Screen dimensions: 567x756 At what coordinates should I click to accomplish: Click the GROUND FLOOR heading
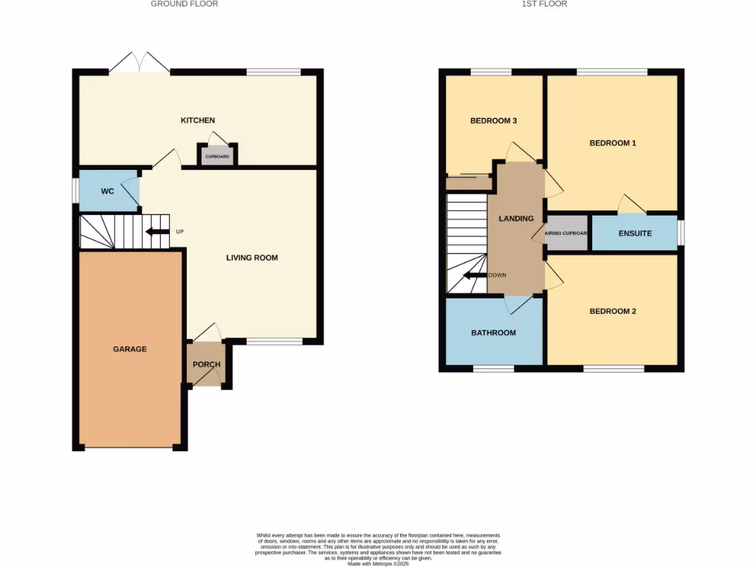[185, 4]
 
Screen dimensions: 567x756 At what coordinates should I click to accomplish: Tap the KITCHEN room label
[198, 120]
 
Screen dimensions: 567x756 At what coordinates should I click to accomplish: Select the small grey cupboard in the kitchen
[217, 157]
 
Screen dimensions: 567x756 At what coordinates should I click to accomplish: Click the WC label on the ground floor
[108, 191]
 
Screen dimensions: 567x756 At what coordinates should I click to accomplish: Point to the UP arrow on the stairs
[156, 232]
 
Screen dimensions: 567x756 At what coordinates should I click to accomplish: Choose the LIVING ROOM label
[252, 258]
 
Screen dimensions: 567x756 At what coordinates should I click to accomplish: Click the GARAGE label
[129, 348]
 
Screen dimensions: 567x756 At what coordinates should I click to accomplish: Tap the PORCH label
[207, 364]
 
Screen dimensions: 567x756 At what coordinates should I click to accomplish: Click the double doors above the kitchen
[140, 63]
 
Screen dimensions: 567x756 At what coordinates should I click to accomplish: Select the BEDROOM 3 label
[493, 120]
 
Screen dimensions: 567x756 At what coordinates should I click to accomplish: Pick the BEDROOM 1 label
[612, 143]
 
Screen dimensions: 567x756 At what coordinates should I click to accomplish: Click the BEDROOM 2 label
[612, 312]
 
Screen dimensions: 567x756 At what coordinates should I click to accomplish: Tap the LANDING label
[516, 219]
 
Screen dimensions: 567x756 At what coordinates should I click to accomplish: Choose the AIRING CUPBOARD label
[566, 233]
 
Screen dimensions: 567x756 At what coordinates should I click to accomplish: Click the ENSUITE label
[635, 233]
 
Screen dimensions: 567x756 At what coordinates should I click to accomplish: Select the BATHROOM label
[493, 333]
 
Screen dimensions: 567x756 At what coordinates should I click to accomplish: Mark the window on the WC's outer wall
[75, 190]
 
